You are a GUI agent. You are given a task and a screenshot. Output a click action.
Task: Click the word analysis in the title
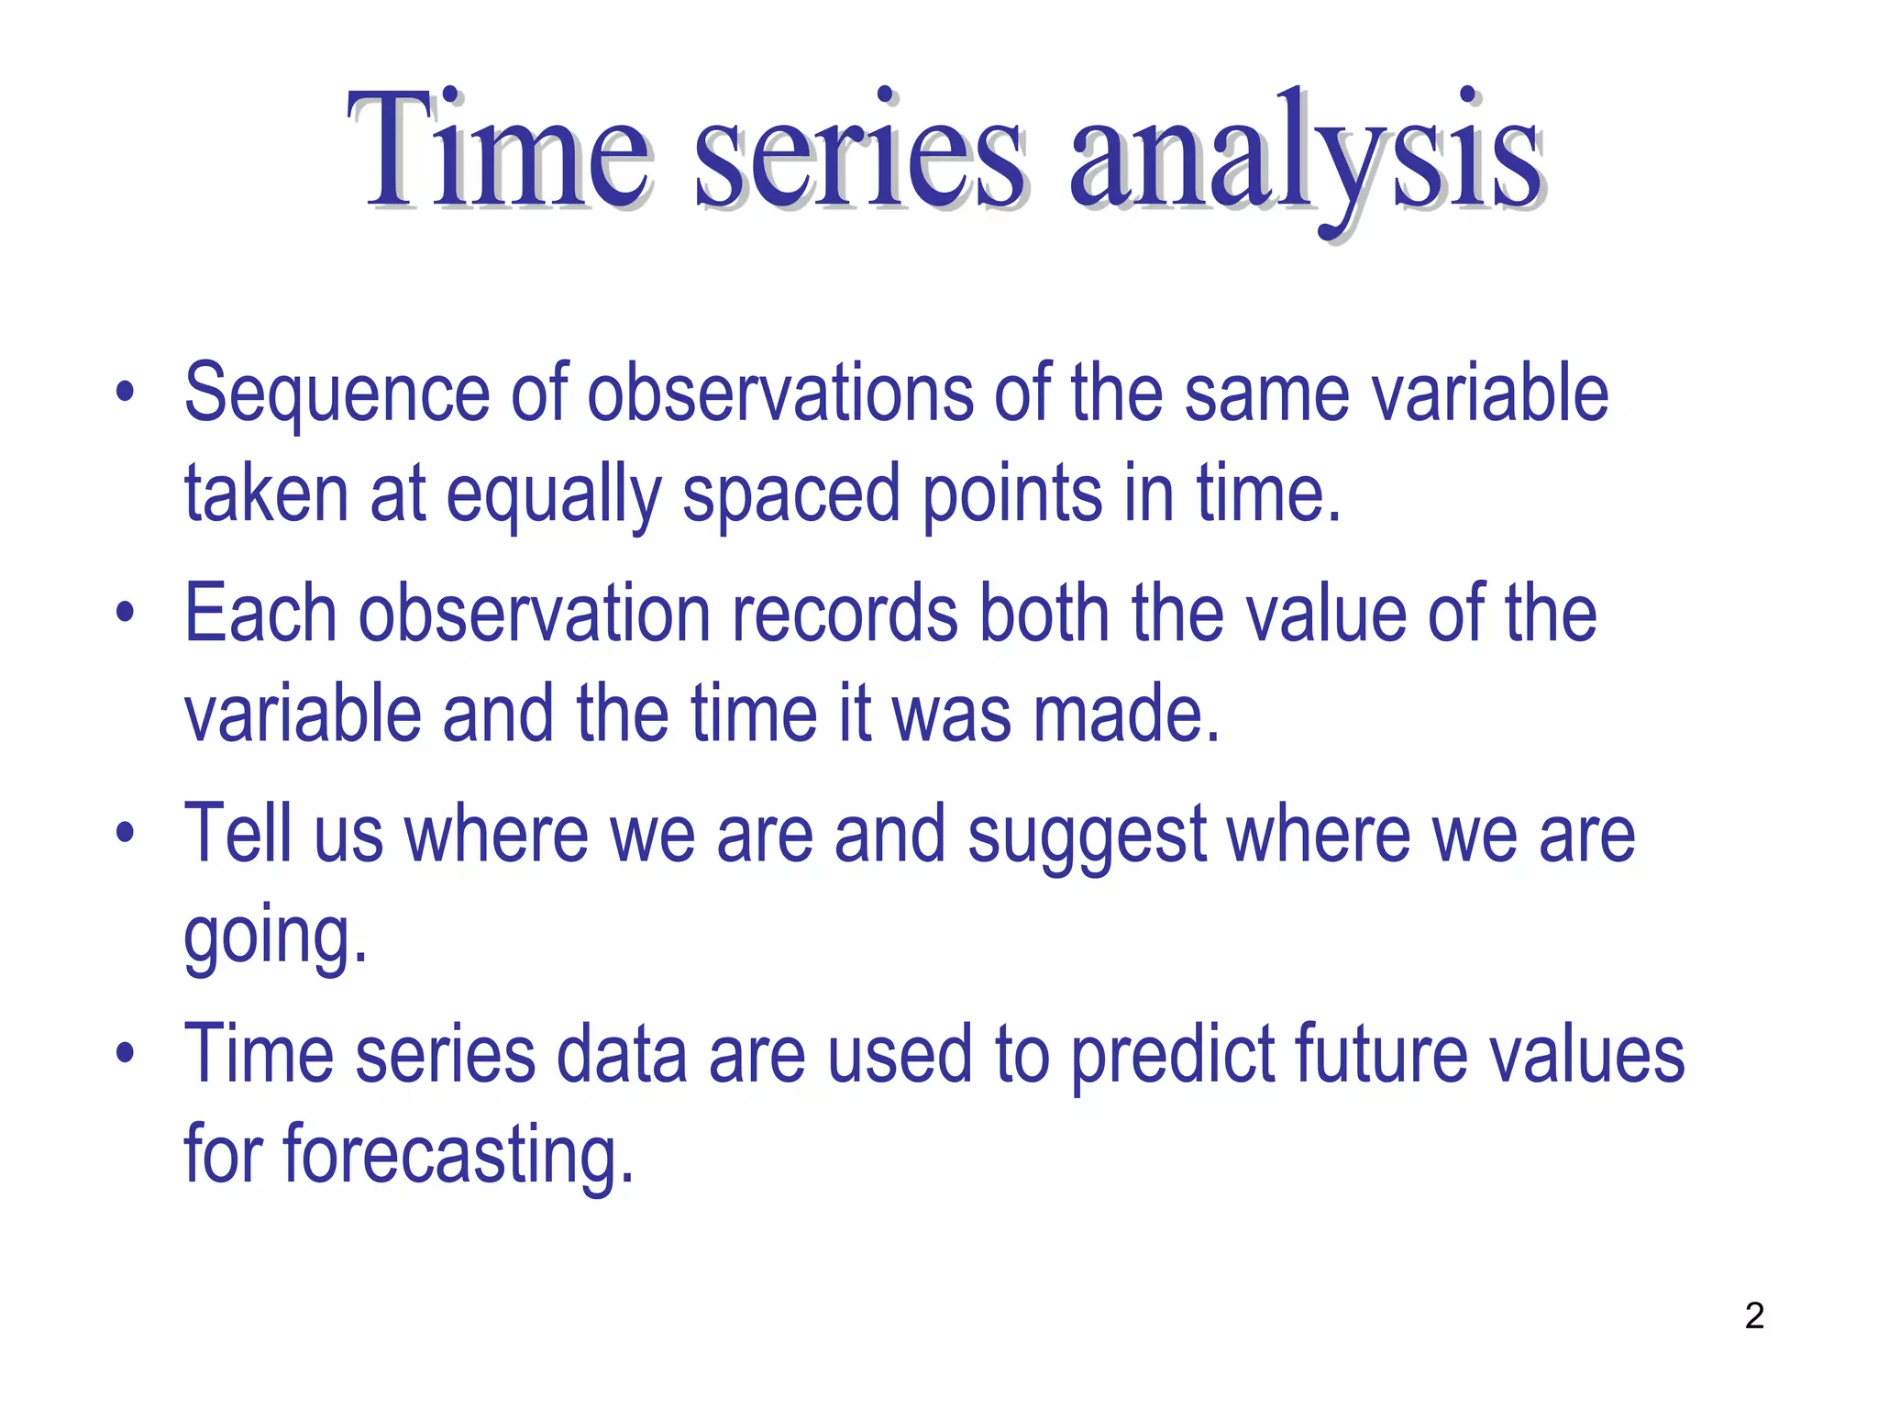tap(1306, 151)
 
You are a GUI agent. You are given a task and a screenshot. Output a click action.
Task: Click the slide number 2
tap(1753, 1316)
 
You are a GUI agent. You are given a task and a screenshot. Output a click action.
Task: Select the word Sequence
tap(337, 395)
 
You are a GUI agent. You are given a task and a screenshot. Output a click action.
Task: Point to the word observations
tap(779, 394)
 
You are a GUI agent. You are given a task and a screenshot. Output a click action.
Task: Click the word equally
tap(553, 496)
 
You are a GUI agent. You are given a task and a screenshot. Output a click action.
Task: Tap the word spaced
tap(790, 496)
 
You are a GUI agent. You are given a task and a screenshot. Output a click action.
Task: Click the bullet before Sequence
tap(126, 395)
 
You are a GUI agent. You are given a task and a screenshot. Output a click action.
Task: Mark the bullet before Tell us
tap(126, 834)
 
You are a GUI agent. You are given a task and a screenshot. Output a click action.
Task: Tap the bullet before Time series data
tap(126, 1054)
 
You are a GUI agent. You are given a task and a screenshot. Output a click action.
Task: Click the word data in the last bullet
tap(621, 1054)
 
